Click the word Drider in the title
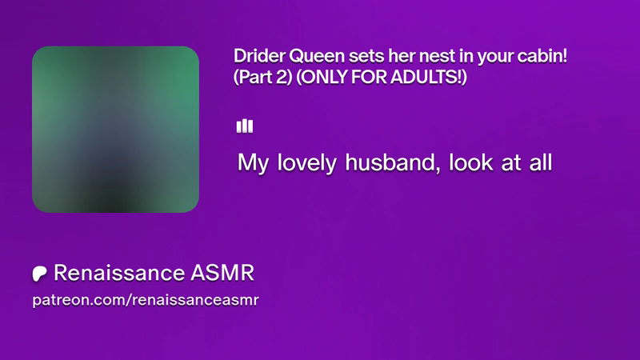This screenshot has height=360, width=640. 259,56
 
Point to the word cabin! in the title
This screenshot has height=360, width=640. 542,56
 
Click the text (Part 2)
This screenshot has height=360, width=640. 263,77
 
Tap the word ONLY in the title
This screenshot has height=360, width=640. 322,77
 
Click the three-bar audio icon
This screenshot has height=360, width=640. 245,126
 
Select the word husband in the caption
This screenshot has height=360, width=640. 393,162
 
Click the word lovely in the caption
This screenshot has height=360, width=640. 307,163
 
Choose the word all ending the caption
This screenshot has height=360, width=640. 541,162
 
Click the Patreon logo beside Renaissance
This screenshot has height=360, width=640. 39,274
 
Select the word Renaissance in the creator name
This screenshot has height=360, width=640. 119,273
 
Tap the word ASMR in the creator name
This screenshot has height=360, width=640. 222,273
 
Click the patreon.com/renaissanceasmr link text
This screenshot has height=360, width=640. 146,300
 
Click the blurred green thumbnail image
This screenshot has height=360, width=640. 115,130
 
